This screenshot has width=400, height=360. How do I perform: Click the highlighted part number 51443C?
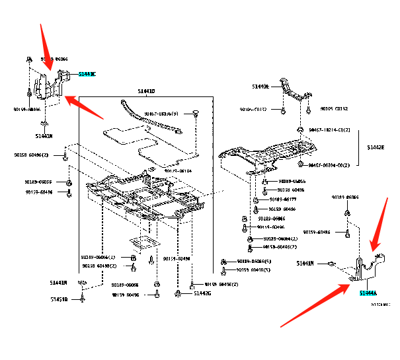click(87, 74)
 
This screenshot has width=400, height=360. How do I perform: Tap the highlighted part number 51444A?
click(368, 293)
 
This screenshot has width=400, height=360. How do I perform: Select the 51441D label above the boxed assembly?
click(146, 90)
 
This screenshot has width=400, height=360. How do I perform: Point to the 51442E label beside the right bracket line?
click(376, 148)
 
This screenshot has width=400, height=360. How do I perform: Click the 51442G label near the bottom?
click(202, 293)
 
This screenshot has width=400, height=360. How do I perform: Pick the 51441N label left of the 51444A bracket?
click(305, 264)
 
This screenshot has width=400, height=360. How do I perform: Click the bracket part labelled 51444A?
click(367, 268)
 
